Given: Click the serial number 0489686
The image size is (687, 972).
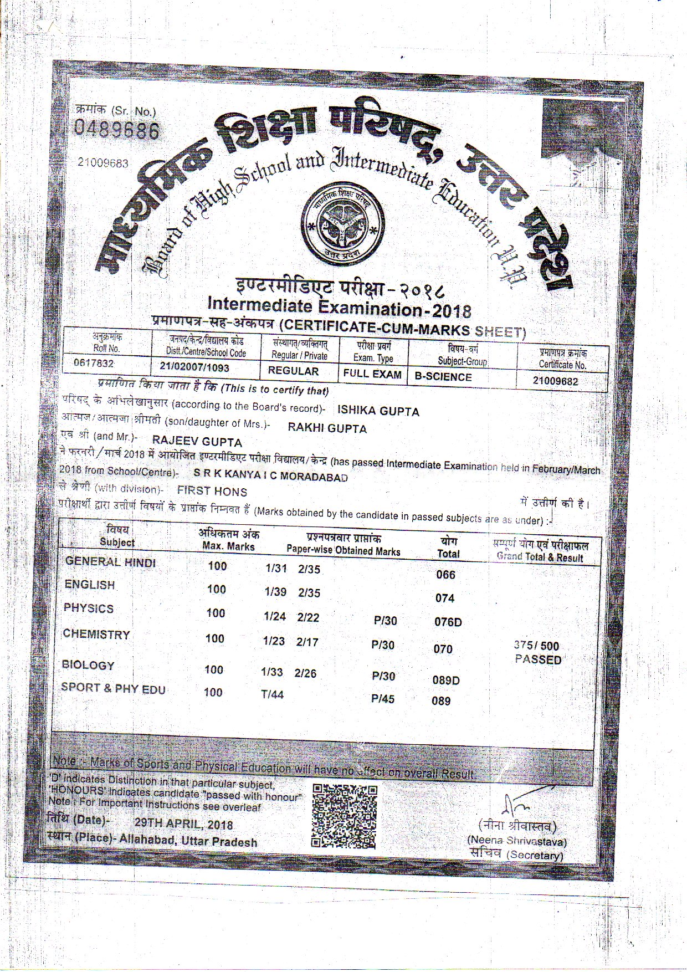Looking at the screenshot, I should (x=117, y=131).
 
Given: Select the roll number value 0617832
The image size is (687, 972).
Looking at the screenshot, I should (x=94, y=364).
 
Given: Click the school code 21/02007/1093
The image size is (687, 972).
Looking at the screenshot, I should (x=194, y=367).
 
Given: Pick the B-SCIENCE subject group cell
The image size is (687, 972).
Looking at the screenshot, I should (x=443, y=377).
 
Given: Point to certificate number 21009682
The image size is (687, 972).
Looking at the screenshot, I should (x=555, y=381).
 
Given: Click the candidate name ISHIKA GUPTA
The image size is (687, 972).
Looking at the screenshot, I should (x=378, y=411).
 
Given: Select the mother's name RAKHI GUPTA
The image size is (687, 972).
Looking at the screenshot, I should (x=327, y=428).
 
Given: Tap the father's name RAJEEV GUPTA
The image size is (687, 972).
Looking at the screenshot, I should (x=197, y=442).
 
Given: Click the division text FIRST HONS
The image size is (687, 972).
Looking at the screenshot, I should (x=212, y=491).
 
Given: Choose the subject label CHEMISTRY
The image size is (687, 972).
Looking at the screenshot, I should (x=96, y=634).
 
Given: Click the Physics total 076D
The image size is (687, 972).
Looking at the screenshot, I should (x=448, y=622).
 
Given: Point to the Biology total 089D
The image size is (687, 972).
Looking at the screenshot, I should (x=446, y=680).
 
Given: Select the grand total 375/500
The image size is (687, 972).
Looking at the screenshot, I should (x=536, y=646).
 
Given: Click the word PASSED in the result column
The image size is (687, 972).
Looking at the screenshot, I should (x=538, y=659).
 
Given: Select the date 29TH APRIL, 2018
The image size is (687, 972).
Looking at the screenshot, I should (x=183, y=824).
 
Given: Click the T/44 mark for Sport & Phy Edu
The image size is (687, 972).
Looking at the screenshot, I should (x=272, y=694).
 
